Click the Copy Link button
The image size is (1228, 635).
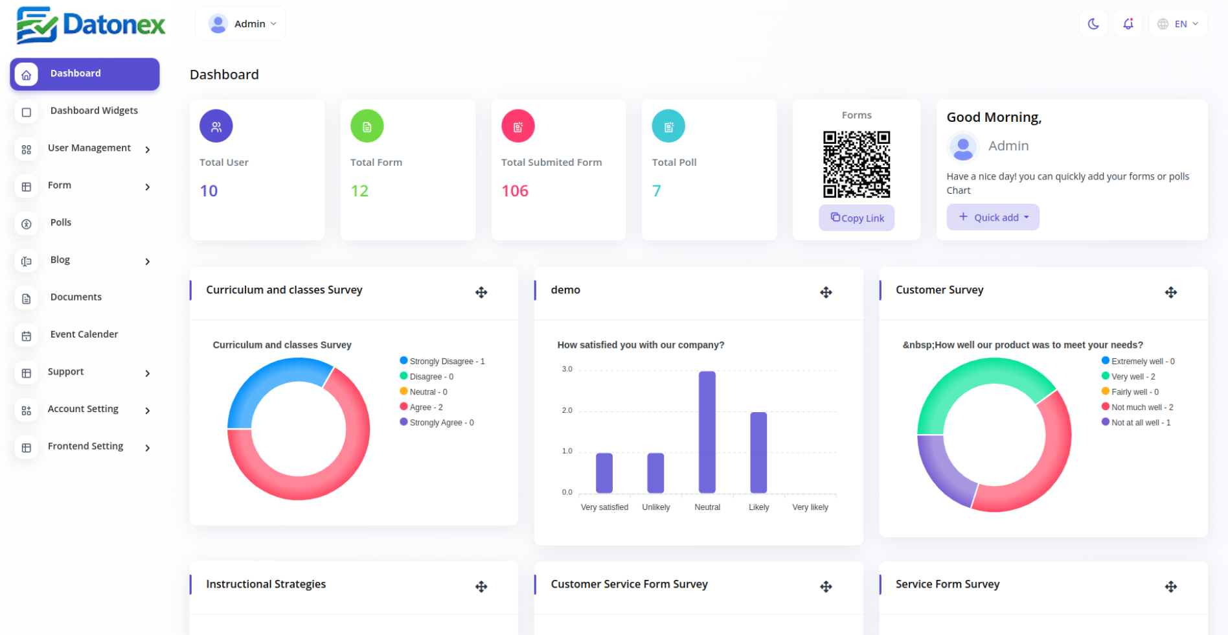[856, 218]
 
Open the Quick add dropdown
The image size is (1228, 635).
[993, 218]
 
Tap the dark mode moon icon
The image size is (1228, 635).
[1093, 24]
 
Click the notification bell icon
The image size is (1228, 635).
[1128, 24]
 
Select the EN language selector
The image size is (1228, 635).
[1178, 24]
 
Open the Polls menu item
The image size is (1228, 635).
[61, 222]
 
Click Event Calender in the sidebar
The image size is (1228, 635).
[84, 334]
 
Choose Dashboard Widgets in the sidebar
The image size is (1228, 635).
[94, 111]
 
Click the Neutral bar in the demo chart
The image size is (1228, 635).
[707, 432]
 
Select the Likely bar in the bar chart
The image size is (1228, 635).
[758, 452]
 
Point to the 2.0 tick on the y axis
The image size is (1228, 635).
[567, 410]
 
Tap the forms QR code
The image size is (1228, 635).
[856, 165]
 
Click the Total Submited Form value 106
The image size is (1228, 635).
[515, 191]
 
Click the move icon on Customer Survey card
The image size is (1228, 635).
[1170, 293]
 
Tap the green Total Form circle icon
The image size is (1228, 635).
[367, 126]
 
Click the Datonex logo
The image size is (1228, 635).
[91, 25]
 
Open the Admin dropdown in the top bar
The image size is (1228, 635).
[241, 24]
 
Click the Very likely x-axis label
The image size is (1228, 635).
[810, 507]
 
